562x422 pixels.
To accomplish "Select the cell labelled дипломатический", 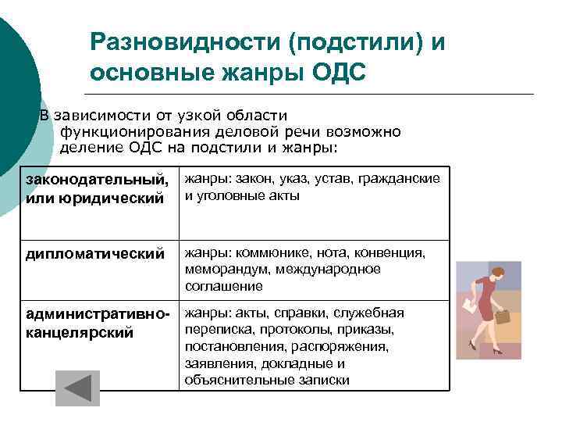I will [x=95, y=254].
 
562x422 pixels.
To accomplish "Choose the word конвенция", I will [x=389, y=252].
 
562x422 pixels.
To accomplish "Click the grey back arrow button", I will [x=77, y=388].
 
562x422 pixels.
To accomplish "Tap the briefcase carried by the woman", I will [x=502, y=318].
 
